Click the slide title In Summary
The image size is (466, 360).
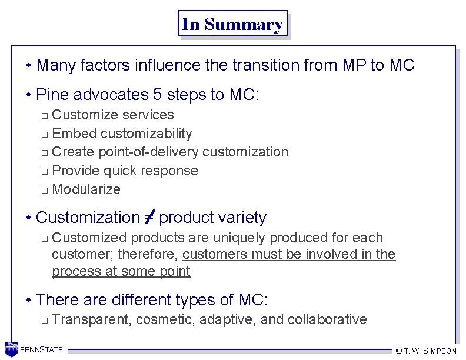232,24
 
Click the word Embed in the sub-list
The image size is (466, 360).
71,134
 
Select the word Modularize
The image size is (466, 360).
86,189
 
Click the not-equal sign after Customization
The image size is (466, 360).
149,217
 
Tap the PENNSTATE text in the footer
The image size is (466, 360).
42,350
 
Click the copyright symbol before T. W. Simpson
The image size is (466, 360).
398,351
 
